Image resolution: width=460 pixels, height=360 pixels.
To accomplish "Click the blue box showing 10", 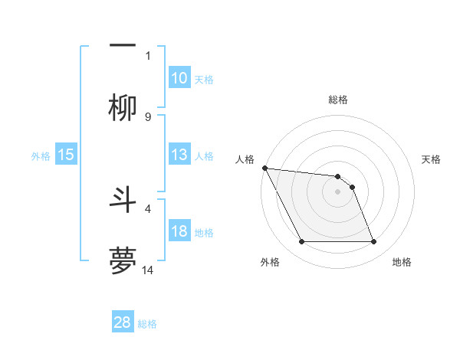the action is (x=179, y=78).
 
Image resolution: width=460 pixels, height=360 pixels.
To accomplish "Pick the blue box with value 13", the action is (x=179, y=155).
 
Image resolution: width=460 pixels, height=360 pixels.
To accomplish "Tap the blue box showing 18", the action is (x=179, y=231).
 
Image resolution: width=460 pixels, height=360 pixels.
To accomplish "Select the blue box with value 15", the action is (x=66, y=155).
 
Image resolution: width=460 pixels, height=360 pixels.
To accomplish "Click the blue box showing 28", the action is (x=123, y=322).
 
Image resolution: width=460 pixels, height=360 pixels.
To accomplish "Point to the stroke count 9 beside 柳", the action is (x=148, y=116).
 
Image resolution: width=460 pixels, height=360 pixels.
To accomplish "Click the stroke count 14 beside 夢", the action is (x=149, y=270).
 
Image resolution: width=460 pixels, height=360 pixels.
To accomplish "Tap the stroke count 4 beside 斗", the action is (x=148, y=207).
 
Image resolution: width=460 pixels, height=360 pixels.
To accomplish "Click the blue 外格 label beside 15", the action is (x=41, y=155).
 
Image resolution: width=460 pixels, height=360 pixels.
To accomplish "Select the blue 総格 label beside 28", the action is (x=147, y=323).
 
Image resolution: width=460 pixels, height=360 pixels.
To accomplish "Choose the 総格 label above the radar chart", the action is (x=337, y=100).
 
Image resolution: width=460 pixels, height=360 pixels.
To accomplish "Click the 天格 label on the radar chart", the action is (x=432, y=159).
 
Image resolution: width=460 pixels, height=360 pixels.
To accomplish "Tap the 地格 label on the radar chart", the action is (x=402, y=262).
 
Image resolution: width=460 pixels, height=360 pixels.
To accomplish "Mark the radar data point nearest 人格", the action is (x=264, y=168).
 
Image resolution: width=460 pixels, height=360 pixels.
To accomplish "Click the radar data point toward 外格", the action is (x=301, y=242).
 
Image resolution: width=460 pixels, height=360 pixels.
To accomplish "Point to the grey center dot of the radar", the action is (x=337, y=191).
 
